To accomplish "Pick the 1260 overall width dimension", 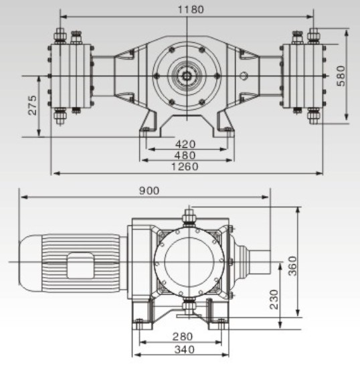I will point(185,167).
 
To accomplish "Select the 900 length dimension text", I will point(150,191).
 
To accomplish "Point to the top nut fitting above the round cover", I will point(189,215).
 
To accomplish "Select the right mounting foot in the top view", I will point(223,126).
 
